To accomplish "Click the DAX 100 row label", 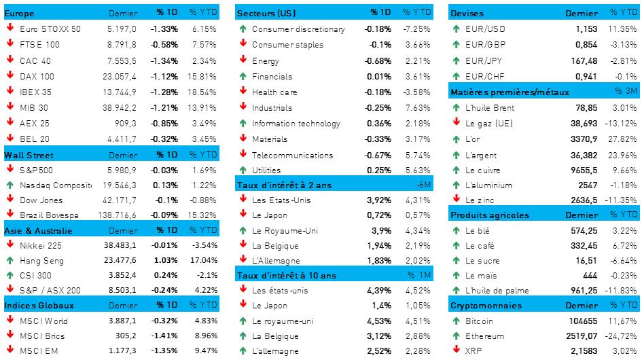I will tap(37, 76).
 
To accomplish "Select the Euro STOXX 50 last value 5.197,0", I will tap(122, 29).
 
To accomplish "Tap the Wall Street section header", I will tap(29, 155).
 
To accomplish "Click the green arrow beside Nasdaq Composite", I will tap(10, 185).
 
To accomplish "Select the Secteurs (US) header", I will tap(266, 14).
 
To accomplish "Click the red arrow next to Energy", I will tap(243, 60).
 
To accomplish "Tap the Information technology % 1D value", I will tap(378, 124).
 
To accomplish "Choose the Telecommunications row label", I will tap(286, 156).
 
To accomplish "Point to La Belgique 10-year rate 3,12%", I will tap(379, 336).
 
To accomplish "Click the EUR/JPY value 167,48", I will tap(583, 60).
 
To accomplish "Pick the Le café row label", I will tap(480, 246).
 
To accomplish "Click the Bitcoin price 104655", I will tap(583, 321).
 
